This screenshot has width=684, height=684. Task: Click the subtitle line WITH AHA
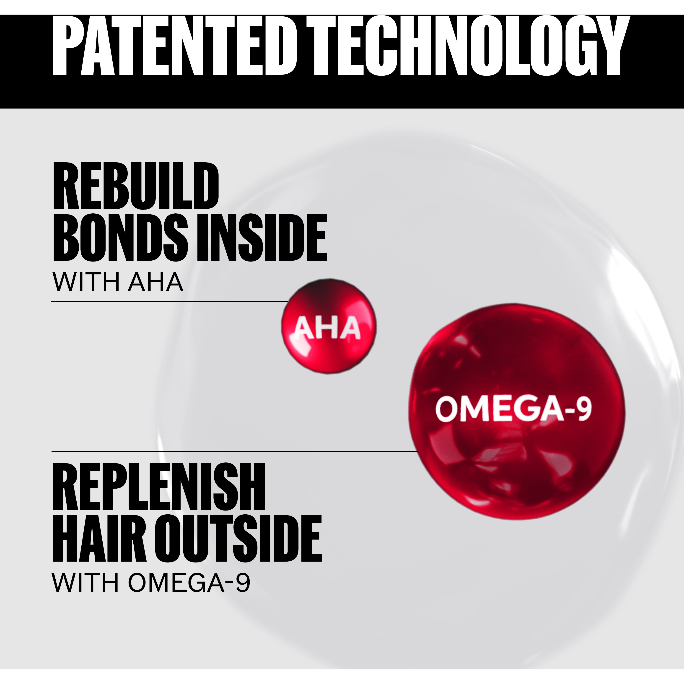click(x=118, y=282)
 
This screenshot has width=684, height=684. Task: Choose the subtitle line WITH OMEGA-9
click(x=151, y=582)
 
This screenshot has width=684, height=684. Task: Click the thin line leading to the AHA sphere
click(x=170, y=301)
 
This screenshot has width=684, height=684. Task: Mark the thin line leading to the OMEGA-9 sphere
click(x=235, y=451)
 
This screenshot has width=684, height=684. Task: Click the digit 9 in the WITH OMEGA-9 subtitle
click(x=243, y=582)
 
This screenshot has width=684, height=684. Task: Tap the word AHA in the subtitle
click(x=155, y=282)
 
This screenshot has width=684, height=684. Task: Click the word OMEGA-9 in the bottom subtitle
click(x=189, y=582)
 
